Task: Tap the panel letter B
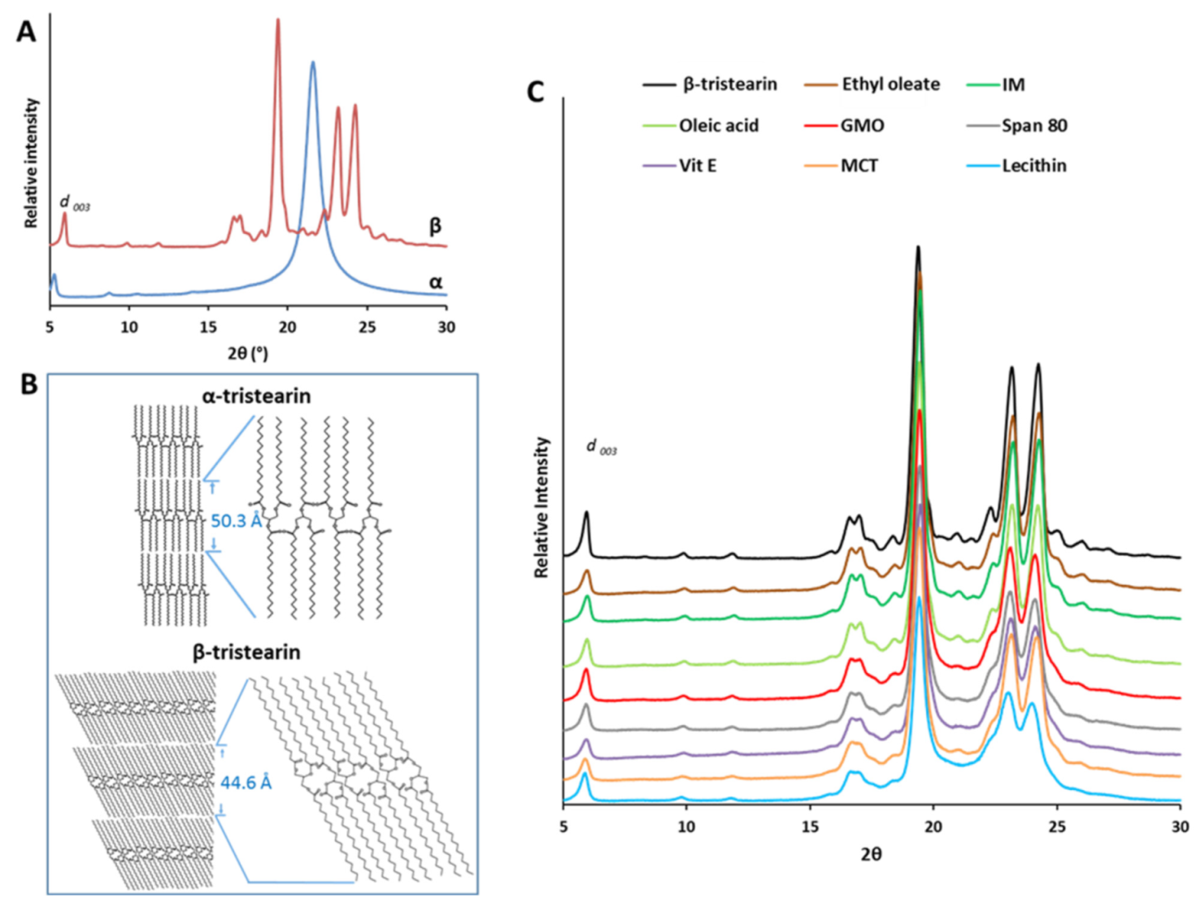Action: [28, 384]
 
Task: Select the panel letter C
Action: [535, 92]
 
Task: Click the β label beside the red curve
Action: [436, 226]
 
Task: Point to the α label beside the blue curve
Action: [436, 282]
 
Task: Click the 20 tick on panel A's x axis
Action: [287, 327]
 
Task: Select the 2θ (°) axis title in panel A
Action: [247, 354]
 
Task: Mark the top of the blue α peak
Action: [312, 63]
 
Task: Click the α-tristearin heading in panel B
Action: [256, 396]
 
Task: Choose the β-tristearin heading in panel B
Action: [246, 652]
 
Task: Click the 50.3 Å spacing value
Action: [236, 521]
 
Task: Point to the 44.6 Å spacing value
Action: [246, 783]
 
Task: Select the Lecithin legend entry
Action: [1033, 166]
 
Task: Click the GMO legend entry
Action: [862, 126]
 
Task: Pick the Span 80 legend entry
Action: [1034, 126]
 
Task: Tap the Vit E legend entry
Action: [698, 166]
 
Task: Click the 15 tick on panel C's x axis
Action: [810, 827]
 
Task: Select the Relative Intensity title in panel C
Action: [541, 508]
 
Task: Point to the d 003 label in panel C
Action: [601, 448]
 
